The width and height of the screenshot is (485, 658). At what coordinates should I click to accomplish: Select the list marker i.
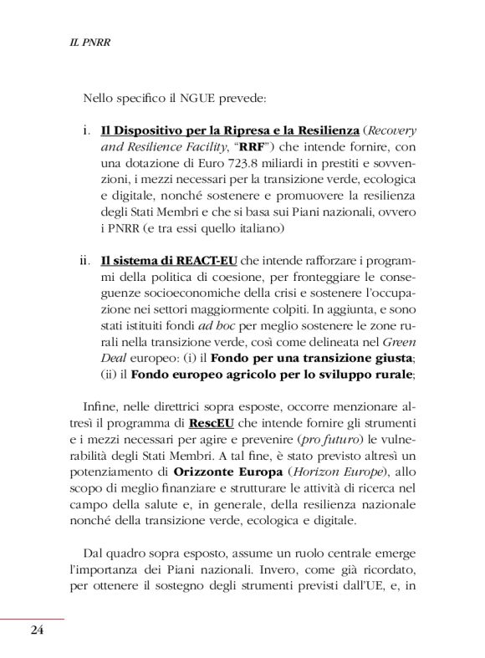[x=87, y=132]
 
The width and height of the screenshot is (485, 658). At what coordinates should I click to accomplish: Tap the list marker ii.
[x=84, y=259]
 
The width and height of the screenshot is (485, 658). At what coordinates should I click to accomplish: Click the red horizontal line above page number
[x=32, y=620]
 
